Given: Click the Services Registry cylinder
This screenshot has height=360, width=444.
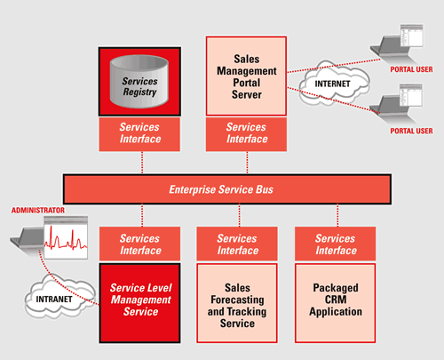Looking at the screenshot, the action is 139,81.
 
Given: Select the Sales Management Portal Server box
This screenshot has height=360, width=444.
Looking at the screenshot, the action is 246,76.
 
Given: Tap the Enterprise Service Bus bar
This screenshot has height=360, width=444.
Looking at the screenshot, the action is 227,189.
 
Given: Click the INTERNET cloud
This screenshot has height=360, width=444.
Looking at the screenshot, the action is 334,84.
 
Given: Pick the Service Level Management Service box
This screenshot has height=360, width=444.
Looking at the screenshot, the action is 139,303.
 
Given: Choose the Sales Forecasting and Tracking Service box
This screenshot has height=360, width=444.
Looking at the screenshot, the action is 237,303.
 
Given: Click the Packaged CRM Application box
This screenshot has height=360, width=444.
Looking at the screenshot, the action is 336,303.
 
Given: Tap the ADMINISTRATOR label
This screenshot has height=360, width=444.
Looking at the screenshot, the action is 38,211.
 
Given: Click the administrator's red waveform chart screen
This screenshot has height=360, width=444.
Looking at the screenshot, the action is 66,237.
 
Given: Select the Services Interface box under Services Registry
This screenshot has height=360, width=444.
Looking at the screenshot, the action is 139,134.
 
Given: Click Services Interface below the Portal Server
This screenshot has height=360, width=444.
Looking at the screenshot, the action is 246,134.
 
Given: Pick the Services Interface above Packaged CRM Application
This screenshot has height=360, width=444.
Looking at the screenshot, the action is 336,244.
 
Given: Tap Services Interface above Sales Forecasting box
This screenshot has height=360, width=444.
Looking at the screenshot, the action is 237,244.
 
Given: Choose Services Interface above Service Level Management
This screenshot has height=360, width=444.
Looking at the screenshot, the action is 139,244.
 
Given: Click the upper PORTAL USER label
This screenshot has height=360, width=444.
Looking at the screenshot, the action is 411,69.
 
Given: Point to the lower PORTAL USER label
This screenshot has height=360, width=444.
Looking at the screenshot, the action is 411,131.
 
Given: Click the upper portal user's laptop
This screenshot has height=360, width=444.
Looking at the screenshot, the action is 397,44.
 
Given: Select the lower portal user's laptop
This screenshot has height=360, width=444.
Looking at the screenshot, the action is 397,104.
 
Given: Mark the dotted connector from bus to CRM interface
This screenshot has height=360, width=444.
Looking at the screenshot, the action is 337,216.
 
